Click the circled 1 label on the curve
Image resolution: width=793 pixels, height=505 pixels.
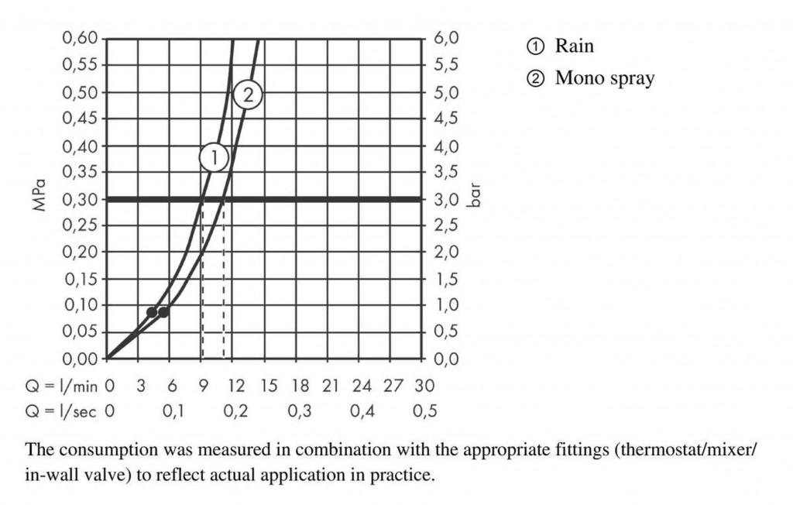[x=215, y=158]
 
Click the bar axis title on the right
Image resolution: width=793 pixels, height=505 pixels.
[x=476, y=194]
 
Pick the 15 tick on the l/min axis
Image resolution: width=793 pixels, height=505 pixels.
[x=268, y=385]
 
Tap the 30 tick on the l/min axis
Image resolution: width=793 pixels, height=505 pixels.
[x=424, y=385]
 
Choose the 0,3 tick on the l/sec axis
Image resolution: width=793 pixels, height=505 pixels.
[x=299, y=411]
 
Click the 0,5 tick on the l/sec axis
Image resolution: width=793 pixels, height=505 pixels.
[x=424, y=411]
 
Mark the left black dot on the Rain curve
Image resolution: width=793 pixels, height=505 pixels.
[x=152, y=312]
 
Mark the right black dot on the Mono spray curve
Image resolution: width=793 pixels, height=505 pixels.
[x=163, y=312]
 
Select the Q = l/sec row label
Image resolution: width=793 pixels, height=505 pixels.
[x=60, y=411]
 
